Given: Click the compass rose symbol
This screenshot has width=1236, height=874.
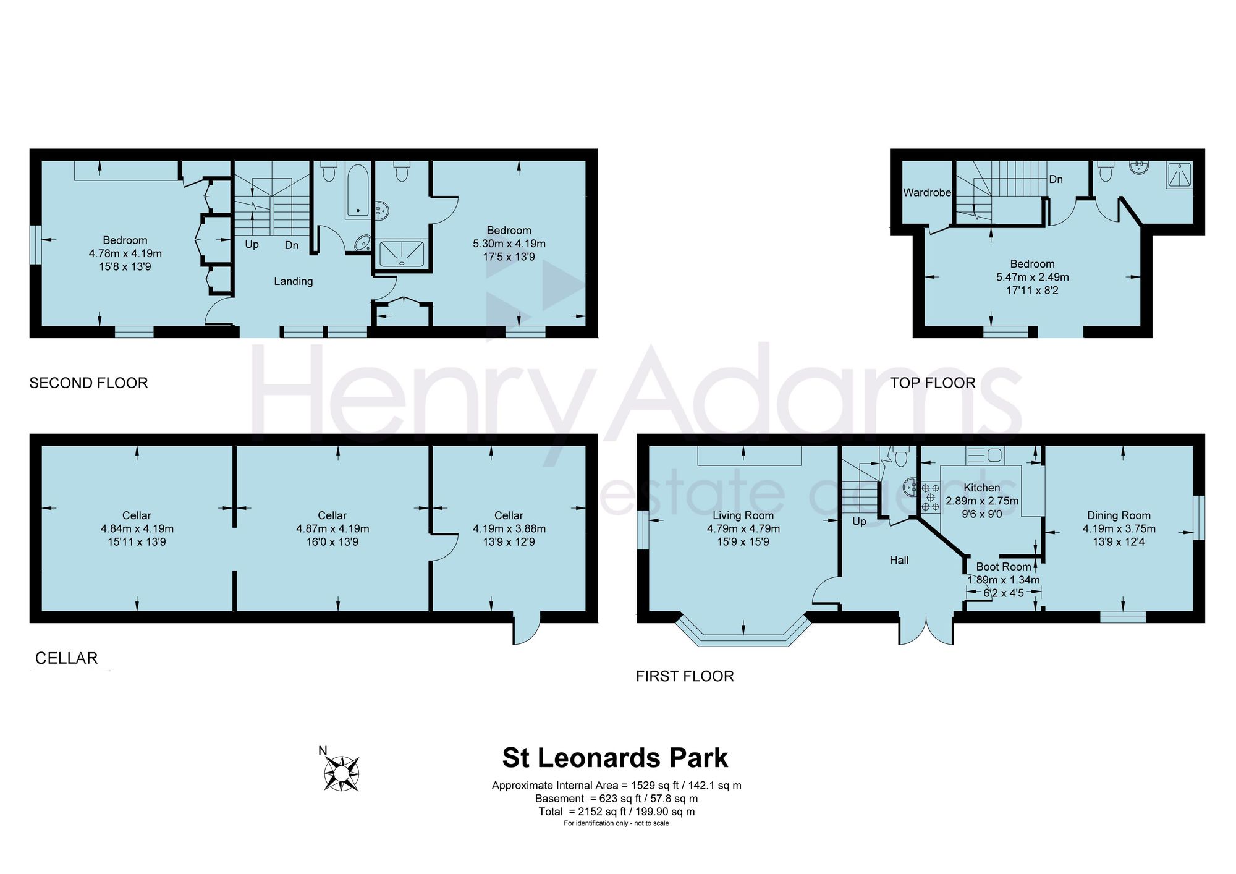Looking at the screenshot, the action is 342,773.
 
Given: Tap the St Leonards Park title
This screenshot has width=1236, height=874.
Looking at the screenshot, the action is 615,758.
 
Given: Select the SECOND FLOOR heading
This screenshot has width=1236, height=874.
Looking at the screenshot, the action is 88,383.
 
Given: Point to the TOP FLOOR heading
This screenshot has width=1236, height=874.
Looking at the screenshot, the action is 933,383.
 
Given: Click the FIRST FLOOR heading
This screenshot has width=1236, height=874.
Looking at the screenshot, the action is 685,676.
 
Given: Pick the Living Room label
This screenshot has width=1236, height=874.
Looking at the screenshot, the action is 743,515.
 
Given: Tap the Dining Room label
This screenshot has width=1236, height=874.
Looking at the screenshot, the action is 1119,515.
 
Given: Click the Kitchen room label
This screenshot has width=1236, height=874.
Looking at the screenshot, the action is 981,488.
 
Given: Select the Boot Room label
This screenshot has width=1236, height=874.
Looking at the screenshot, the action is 1004,567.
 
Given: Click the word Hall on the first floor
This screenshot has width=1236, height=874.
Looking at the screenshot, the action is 899,560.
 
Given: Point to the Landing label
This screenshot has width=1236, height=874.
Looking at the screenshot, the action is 294,281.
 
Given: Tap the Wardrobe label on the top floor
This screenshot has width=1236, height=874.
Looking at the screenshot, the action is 927,192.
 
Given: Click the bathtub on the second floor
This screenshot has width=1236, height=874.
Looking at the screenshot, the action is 358,191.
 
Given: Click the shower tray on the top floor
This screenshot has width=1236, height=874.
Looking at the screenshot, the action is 1179,176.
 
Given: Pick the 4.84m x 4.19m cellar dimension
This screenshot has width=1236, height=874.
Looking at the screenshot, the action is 137,529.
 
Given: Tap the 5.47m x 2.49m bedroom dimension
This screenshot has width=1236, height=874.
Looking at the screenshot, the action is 1032,278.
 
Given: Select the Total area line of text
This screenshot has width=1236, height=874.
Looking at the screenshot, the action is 617,812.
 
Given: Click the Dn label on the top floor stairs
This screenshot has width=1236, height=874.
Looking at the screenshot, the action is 1056,179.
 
